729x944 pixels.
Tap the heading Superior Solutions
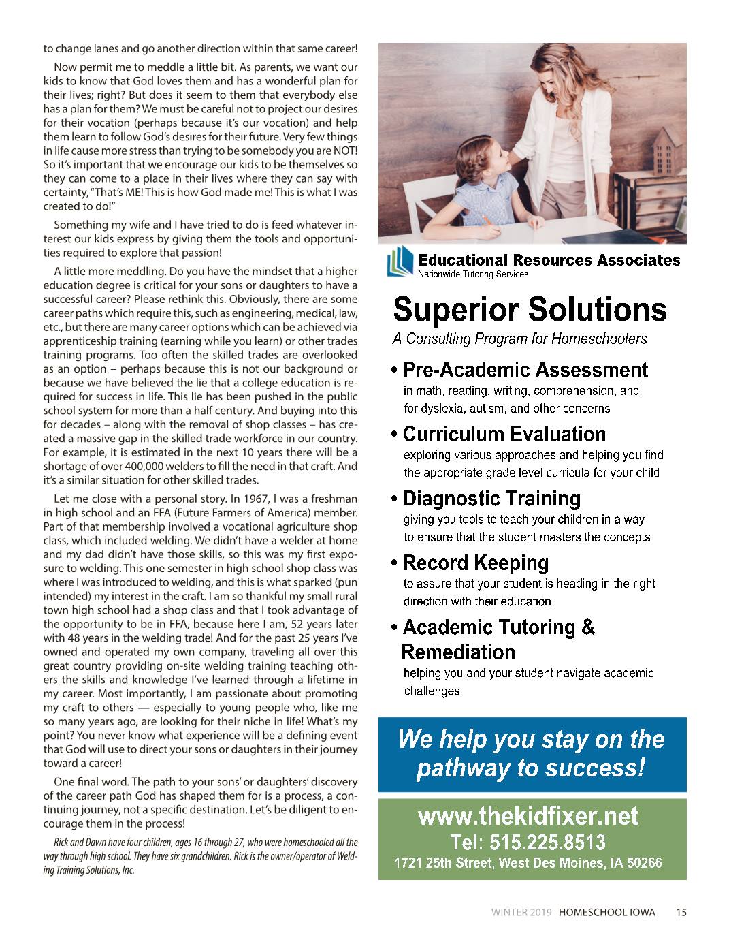tap(530, 309)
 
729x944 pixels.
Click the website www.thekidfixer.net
tap(528, 815)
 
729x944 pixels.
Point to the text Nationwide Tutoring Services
tap(473, 274)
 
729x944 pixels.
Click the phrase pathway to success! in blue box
tap(530, 769)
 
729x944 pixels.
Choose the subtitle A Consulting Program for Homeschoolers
tap(519, 339)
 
